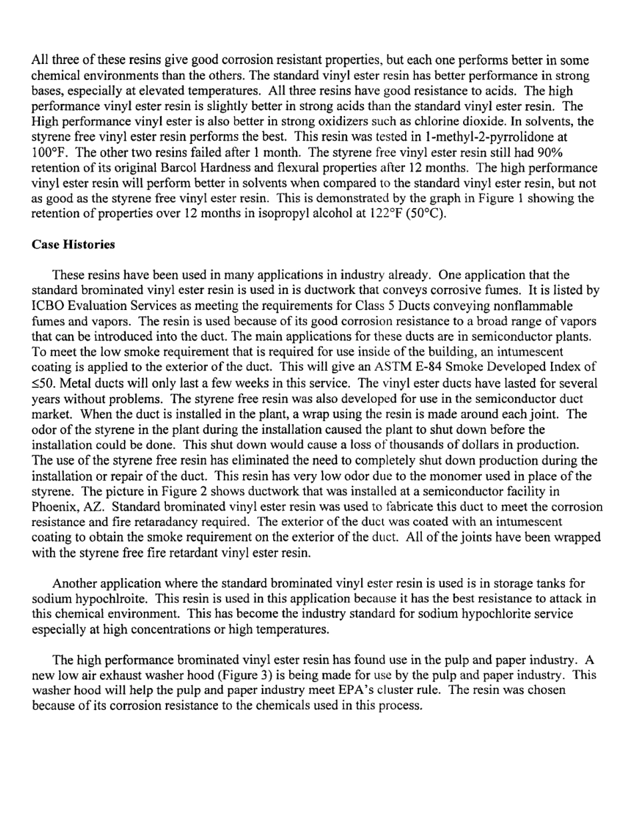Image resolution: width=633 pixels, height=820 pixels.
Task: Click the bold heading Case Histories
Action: pos(73,245)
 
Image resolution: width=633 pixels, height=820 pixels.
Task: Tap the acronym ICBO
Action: pos(49,306)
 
